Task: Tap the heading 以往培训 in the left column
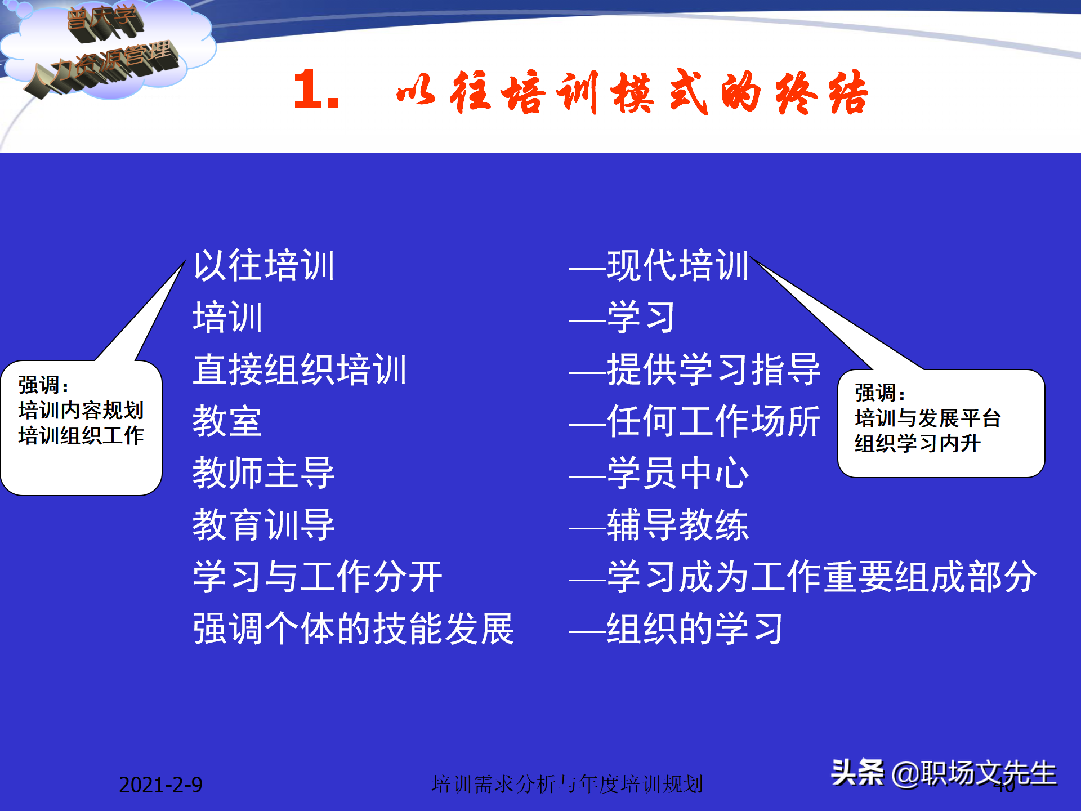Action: (x=264, y=265)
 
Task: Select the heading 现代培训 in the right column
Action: (x=677, y=265)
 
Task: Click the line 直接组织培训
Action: (x=300, y=369)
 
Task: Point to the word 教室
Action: (x=227, y=421)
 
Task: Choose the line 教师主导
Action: (x=264, y=473)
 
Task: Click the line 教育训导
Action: (x=264, y=525)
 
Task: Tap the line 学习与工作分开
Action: (x=318, y=577)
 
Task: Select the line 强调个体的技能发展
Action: (x=354, y=629)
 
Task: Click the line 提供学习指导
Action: (x=713, y=369)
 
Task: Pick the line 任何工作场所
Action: (x=713, y=421)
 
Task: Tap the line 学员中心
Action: (x=677, y=473)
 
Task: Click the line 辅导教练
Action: (x=677, y=525)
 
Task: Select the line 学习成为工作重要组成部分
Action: (x=821, y=577)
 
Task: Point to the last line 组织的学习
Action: (x=695, y=629)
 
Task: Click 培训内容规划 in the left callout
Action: (x=81, y=410)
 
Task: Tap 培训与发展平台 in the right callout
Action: (x=927, y=418)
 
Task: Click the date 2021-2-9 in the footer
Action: (x=160, y=785)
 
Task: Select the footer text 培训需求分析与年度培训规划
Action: (x=567, y=784)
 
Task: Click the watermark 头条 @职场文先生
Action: (x=944, y=773)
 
